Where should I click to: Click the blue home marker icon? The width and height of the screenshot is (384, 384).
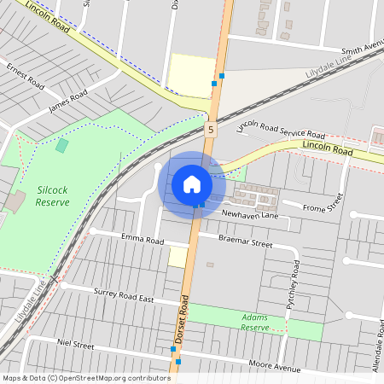[x=192, y=183]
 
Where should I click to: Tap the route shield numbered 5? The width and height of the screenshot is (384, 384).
[x=210, y=129]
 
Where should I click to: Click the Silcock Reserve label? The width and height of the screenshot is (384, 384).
[x=53, y=195]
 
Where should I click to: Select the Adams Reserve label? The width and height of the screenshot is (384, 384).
[x=254, y=322]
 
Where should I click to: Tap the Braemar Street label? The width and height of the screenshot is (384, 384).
[x=246, y=243]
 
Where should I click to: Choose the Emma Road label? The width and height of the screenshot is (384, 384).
[x=142, y=240]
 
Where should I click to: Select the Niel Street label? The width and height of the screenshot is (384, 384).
[x=75, y=346]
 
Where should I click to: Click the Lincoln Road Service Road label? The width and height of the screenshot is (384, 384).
[x=281, y=130]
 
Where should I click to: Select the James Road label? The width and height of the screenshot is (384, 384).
[x=67, y=102]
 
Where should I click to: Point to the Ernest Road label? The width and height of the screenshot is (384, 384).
[x=25, y=75]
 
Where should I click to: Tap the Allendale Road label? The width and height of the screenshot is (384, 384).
[x=376, y=346]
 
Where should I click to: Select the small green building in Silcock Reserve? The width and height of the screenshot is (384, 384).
[x=61, y=146]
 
